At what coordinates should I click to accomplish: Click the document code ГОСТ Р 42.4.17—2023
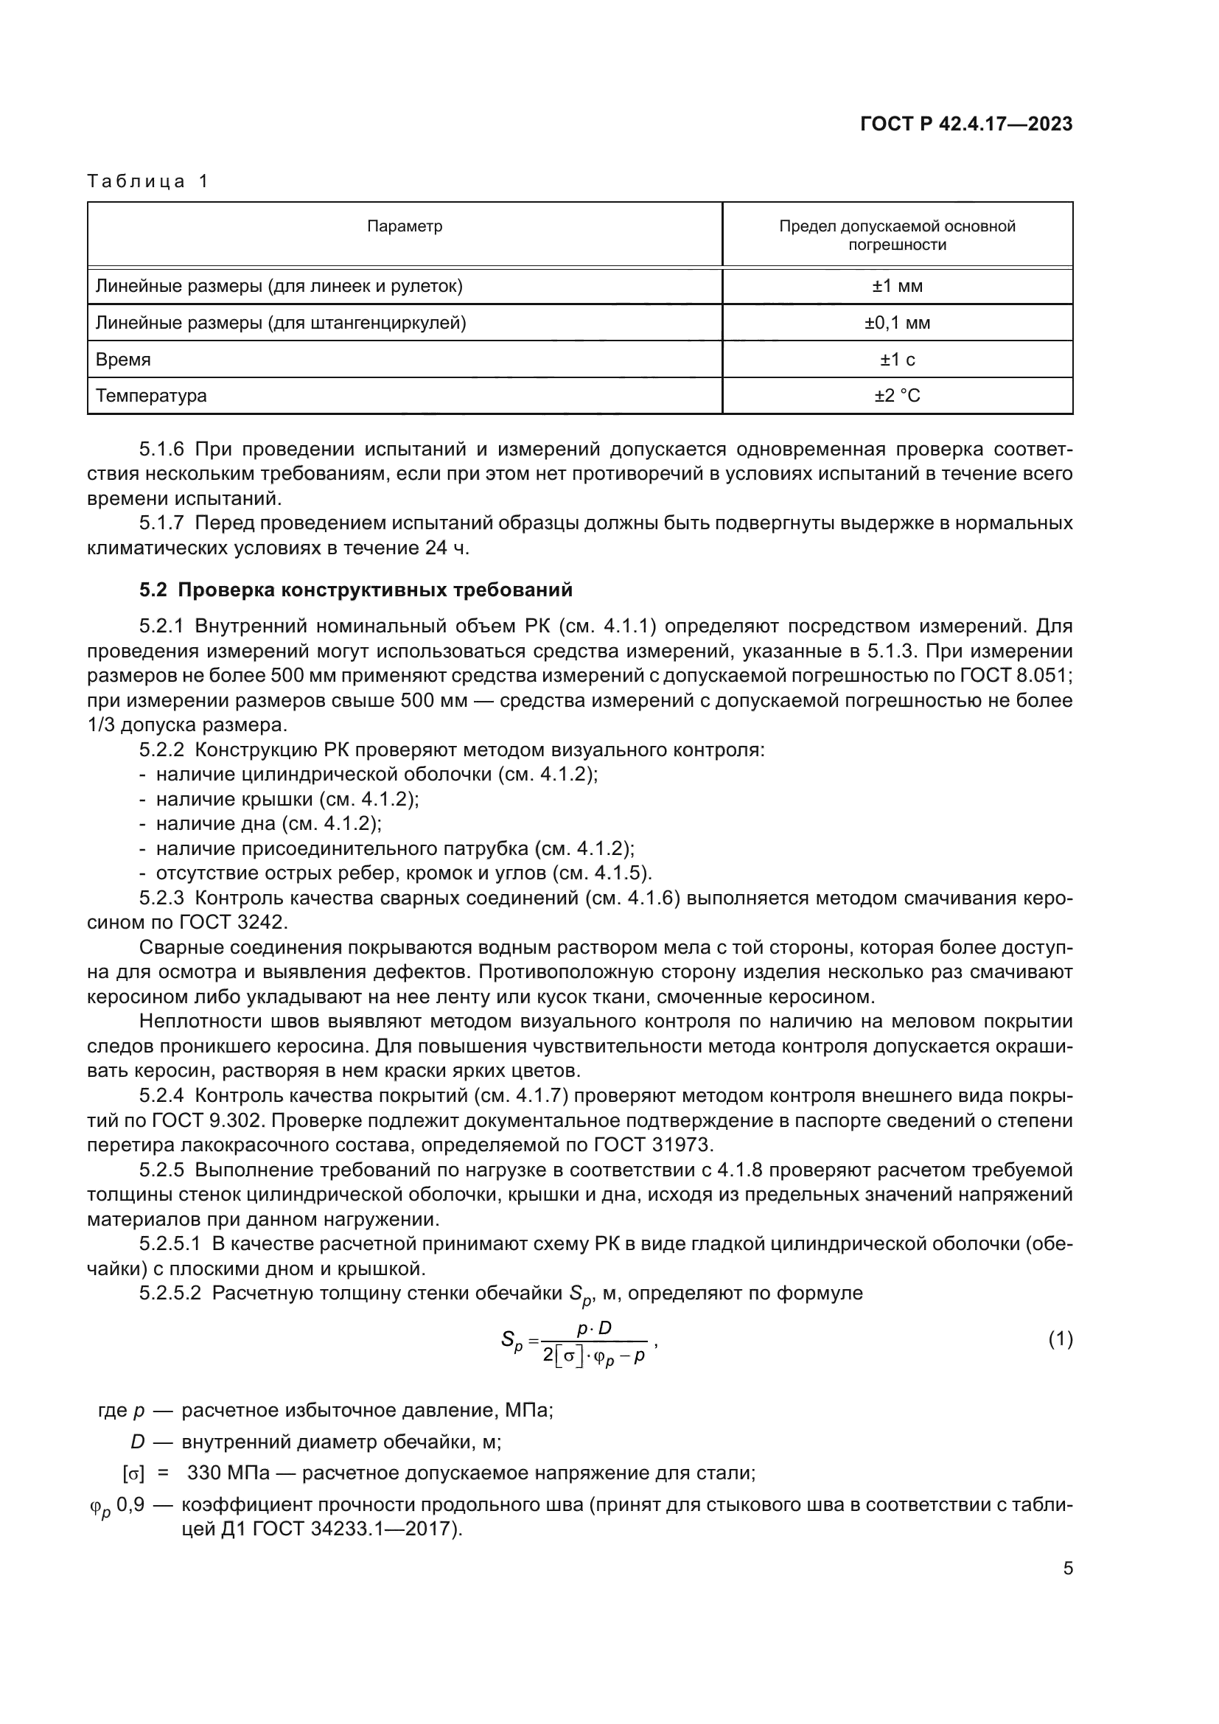tap(966, 125)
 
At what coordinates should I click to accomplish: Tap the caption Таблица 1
tap(148, 181)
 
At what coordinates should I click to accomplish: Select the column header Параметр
tap(405, 227)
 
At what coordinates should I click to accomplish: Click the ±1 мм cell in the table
tap(897, 286)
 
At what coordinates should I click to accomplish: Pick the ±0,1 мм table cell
tap(897, 323)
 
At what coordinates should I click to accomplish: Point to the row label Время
tap(123, 360)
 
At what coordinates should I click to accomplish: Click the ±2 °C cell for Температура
tap(897, 396)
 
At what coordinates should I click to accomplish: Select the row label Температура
tap(151, 396)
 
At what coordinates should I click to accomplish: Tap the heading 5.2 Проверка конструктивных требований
tap(356, 590)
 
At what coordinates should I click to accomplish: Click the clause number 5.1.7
tap(161, 523)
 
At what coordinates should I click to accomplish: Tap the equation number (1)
tap(1060, 1339)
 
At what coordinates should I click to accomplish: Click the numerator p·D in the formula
tap(594, 1328)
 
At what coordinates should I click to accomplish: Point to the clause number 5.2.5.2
tap(170, 1294)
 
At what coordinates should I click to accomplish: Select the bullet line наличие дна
tap(269, 824)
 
